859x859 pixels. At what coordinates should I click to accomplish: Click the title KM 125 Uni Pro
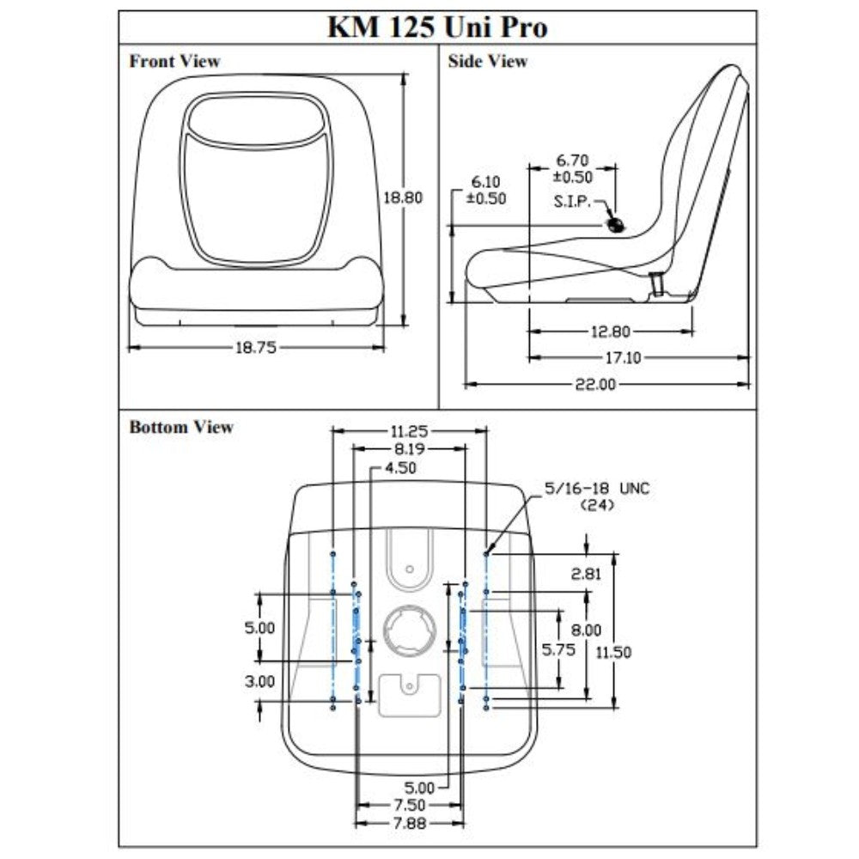437,27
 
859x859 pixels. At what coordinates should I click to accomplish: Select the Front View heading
174,62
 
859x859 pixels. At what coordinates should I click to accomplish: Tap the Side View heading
488,62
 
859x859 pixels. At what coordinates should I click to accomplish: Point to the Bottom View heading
181,427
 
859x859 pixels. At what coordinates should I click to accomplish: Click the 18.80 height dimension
403,197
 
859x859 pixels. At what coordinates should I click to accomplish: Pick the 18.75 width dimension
256,347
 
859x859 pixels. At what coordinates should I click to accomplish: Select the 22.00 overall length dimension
595,384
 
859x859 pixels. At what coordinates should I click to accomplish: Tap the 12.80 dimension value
610,331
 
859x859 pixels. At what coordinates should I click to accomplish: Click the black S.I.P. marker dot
615,226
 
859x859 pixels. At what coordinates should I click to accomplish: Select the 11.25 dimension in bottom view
410,431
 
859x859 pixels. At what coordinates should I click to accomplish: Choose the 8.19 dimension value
410,448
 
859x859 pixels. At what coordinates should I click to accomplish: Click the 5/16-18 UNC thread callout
598,489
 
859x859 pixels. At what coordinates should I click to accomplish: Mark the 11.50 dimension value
613,652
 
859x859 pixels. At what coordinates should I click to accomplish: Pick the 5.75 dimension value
560,649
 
